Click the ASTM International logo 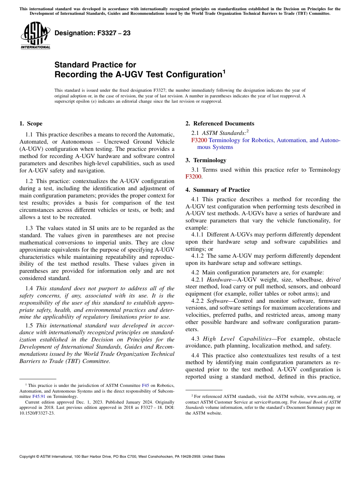[x=35, y=36]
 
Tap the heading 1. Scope [x=31, y=124]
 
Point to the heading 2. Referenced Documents [x=220, y=124]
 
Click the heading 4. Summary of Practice [x=218, y=190]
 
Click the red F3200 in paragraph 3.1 [x=193, y=177]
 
